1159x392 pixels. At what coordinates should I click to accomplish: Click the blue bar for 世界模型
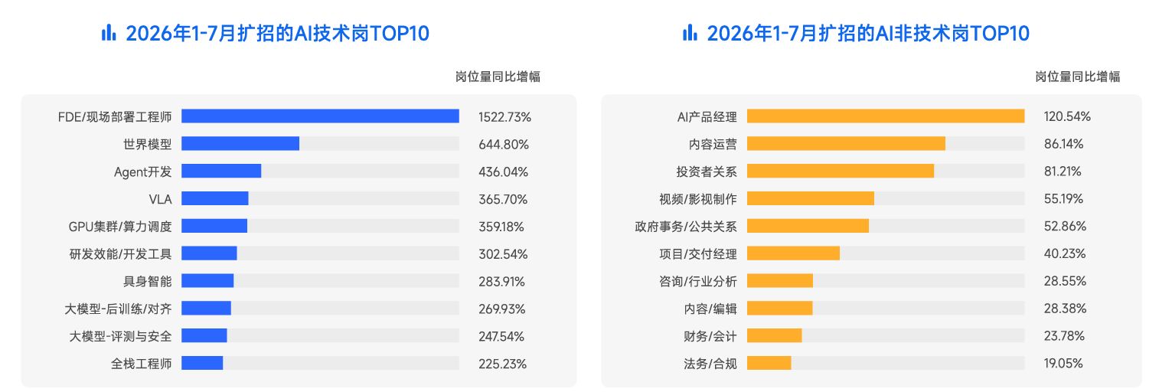click(240, 144)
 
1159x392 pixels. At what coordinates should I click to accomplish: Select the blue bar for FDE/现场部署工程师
click(320, 116)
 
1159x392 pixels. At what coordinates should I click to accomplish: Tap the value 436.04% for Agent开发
click(503, 171)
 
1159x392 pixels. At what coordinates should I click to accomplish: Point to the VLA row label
click(160, 199)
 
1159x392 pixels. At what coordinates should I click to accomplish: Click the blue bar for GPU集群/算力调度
click(214, 226)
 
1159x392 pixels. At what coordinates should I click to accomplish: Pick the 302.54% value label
click(503, 254)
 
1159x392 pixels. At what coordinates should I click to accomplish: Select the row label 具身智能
click(147, 281)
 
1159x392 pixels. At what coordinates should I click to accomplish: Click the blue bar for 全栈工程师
click(202, 363)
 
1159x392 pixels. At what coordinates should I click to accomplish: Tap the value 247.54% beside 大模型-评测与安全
click(501, 336)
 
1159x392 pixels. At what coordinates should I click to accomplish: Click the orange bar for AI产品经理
click(885, 116)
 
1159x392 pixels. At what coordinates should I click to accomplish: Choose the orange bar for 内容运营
click(846, 144)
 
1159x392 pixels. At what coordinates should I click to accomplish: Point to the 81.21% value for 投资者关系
click(1063, 171)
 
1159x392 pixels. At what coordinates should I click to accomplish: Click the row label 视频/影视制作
click(698, 199)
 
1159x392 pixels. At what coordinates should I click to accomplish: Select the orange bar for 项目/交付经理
click(793, 253)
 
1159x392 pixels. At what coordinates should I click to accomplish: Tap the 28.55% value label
click(1065, 281)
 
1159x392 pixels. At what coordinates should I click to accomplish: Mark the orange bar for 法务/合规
click(769, 363)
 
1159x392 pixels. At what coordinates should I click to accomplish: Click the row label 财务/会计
click(710, 336)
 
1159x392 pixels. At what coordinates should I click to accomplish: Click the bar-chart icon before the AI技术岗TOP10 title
click(109, 33)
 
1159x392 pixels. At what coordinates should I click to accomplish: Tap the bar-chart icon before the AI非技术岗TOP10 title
click(690, 33)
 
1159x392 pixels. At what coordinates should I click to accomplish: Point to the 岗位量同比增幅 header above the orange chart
click(1078, 77)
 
